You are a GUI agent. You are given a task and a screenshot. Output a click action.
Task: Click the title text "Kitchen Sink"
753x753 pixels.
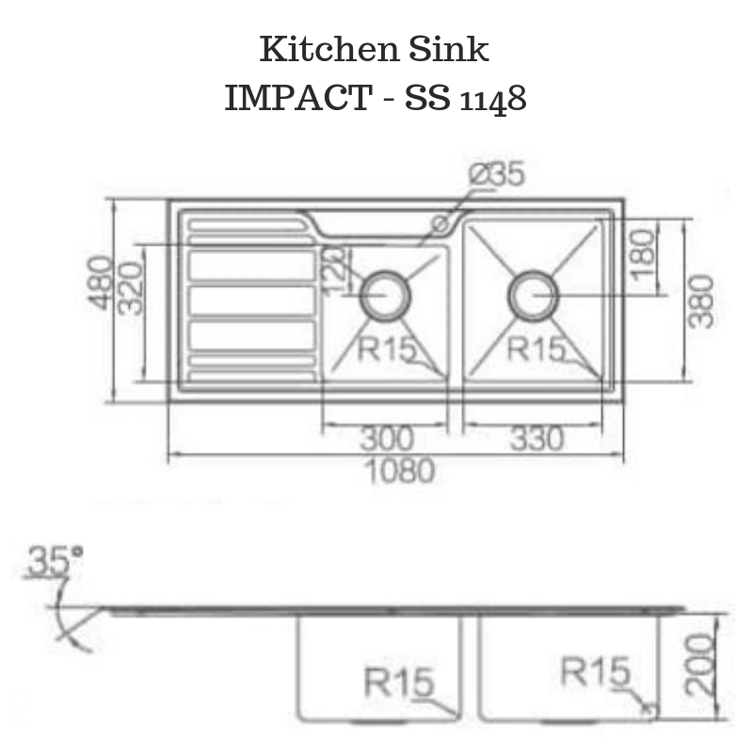click(x=375, y=49)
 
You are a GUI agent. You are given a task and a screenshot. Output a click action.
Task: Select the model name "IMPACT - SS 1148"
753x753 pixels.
click(x=375, y=97)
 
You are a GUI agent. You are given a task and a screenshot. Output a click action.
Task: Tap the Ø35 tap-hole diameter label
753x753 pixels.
click(x=496, y=176)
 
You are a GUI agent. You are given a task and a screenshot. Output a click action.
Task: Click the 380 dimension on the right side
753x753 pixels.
click(x=701, y=301)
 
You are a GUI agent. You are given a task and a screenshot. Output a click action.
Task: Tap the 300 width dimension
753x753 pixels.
click(x=385, y=439)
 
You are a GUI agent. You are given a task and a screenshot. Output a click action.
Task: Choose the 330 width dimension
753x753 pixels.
click(x=533, y=439)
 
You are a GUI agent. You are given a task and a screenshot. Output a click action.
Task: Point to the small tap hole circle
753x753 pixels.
click(x=440, y=223)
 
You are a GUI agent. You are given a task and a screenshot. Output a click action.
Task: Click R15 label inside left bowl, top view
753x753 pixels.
click(x=386, y=348)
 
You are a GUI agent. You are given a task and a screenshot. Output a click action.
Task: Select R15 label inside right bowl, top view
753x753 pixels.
click(x=535, y=348)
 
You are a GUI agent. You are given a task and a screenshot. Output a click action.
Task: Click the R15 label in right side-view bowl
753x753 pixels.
click(x=595, y=672)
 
